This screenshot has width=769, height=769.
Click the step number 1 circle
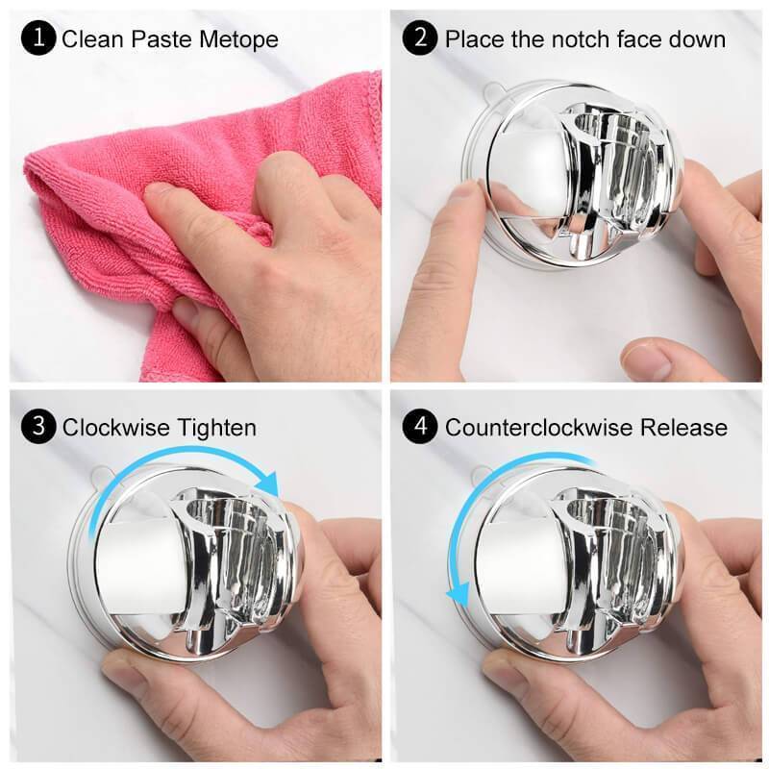click(38, 38)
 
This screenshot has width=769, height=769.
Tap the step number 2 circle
click(420, 38)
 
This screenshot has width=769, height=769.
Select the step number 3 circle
click(38, 426)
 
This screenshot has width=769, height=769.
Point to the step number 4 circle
click(420, 426)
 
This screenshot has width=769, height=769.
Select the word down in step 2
click(697, 39)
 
